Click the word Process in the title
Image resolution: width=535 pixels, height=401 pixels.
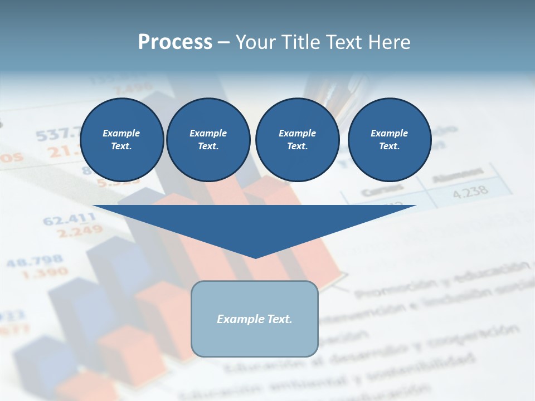pyautogui.click(x=175, y=42)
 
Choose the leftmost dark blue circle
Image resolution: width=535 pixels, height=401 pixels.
pyautogui.click(x=121, y=139)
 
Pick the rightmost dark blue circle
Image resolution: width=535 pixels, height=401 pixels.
pyautogui.click(x=389, y=139)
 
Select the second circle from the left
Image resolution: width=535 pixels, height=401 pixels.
pyautogui.click(x=208, y=139)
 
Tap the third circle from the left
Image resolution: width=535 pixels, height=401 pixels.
pyautogui.click(x=297, y=139)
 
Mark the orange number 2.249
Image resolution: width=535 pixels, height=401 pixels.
pyautogui.click(x=80, y=231)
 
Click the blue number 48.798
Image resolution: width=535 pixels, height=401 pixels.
pyautogui.click(x=35, y=261)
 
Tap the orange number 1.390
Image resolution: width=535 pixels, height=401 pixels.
pyautogui.click(x=45, y=273)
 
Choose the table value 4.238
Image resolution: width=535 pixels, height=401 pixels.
pyautogui.click(x=470, y=192)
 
